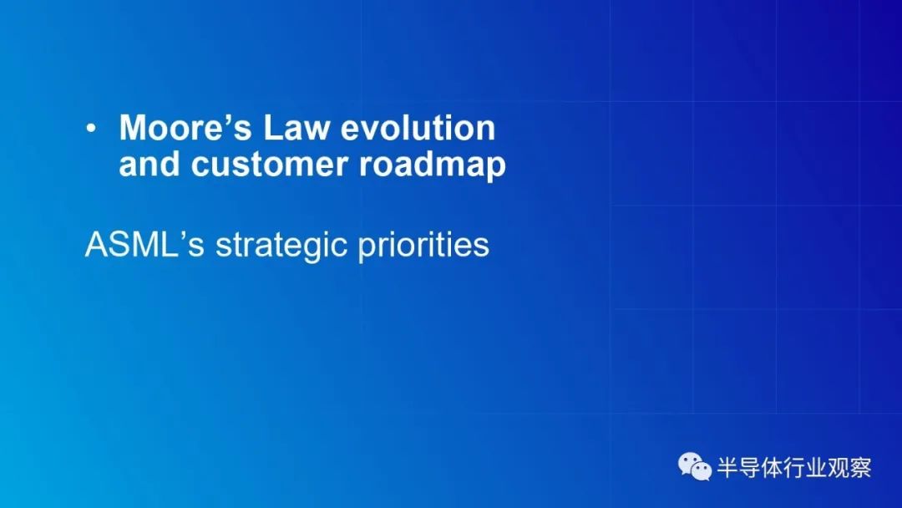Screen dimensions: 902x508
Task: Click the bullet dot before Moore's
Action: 91,129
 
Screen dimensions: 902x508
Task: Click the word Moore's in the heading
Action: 185,127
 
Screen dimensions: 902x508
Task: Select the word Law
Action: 296,127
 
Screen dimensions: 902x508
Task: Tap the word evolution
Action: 418,127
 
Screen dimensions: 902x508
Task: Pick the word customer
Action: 269,165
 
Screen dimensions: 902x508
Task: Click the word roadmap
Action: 433,165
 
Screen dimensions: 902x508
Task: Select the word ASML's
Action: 144,245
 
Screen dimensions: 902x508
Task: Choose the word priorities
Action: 424,246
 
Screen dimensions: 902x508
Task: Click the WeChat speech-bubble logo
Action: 695,466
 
